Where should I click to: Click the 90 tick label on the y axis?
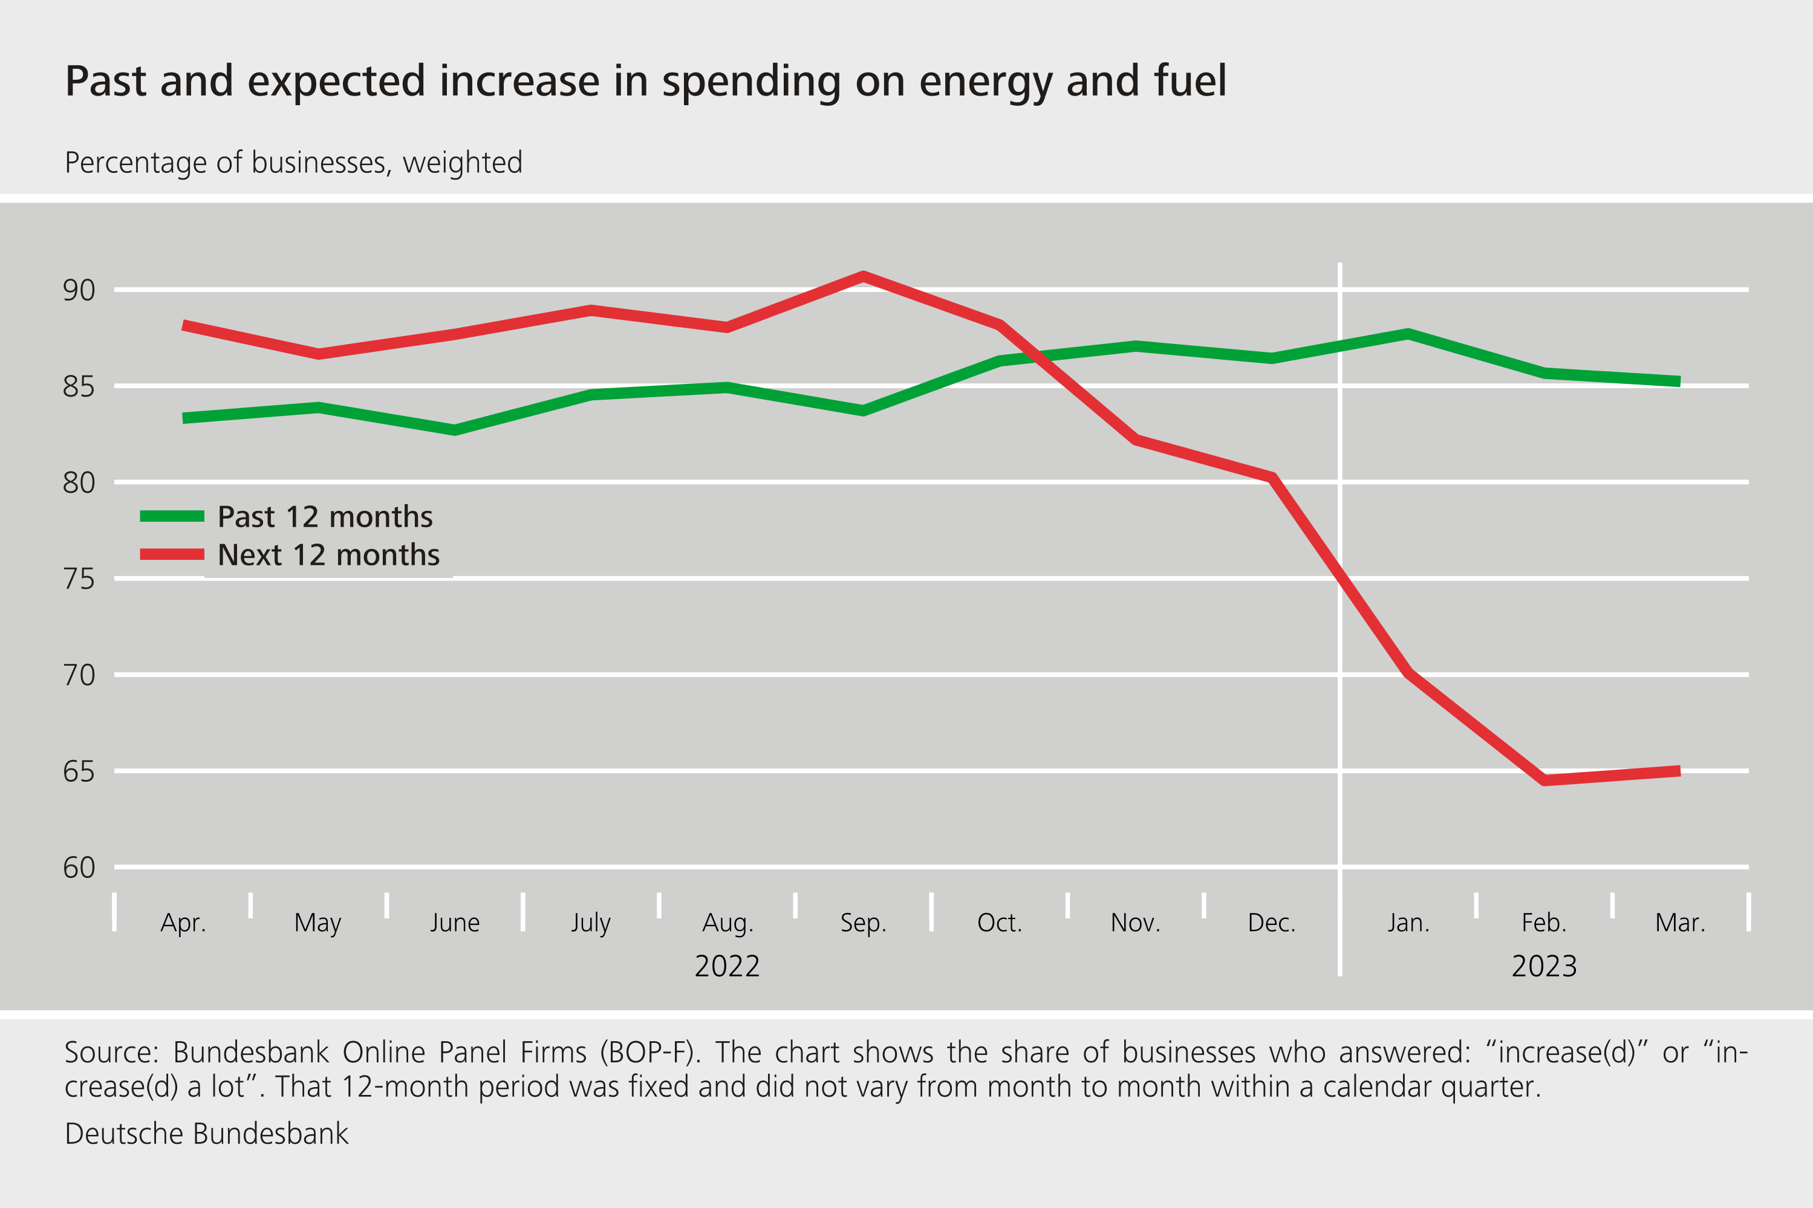click(79, 290)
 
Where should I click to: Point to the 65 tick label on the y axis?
click(79, 772)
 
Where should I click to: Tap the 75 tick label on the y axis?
click(79, 579)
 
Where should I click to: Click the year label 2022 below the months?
click(726, 966)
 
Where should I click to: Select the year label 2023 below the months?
click(1544, 966)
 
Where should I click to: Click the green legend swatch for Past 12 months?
click(172, 516)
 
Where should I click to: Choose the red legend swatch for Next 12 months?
click(172, 554)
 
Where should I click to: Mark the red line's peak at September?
click(863, 276)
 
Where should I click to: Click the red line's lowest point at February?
click(1544, 781)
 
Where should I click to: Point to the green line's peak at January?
click(1408, 334)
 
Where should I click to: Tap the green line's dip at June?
click(455, 430)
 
